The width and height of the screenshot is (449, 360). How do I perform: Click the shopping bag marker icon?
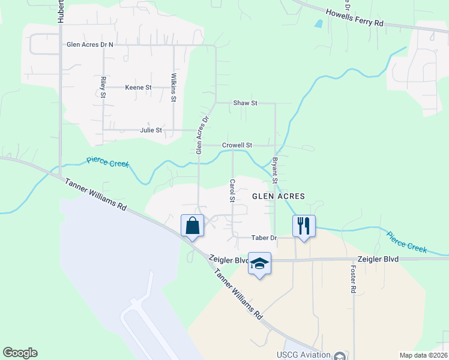point(192,226)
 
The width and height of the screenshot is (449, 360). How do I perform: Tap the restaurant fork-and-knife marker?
point(304,226)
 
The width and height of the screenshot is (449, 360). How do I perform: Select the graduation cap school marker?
point(260,263)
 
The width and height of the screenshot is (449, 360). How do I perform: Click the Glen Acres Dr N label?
point(90,44)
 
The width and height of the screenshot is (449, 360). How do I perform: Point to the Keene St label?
point(138,88)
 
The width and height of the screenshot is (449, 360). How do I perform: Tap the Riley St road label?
point(103,87)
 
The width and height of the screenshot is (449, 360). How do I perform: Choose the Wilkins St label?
point(173,88)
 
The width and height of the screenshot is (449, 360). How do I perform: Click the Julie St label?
point(151,130)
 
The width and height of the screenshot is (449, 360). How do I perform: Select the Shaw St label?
point(245,103)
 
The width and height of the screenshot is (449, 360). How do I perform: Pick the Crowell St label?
point(237,145)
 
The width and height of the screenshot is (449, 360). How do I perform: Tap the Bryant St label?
point(275,170)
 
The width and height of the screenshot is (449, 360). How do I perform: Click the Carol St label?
point(232,190)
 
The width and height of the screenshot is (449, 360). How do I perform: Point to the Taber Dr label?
point(264,238)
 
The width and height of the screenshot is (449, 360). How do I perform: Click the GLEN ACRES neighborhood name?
point(279,196)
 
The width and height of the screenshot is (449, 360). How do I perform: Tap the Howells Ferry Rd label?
point(354,17)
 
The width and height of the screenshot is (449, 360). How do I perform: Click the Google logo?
point(20,353)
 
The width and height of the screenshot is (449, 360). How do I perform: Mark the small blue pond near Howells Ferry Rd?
point(318,24)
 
